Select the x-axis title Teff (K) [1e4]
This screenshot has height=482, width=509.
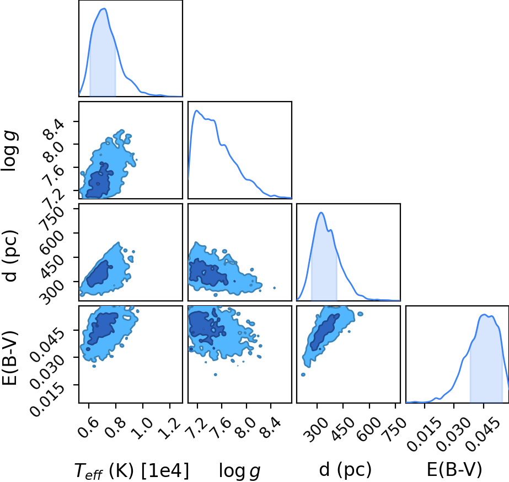(x=131, y=470)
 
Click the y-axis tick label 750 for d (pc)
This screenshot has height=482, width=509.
(x=51, y=216)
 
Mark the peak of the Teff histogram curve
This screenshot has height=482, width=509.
(x=105, y=8)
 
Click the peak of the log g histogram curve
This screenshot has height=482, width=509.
(x=196, y=110)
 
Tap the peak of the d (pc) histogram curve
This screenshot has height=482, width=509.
(x=321, y=213)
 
